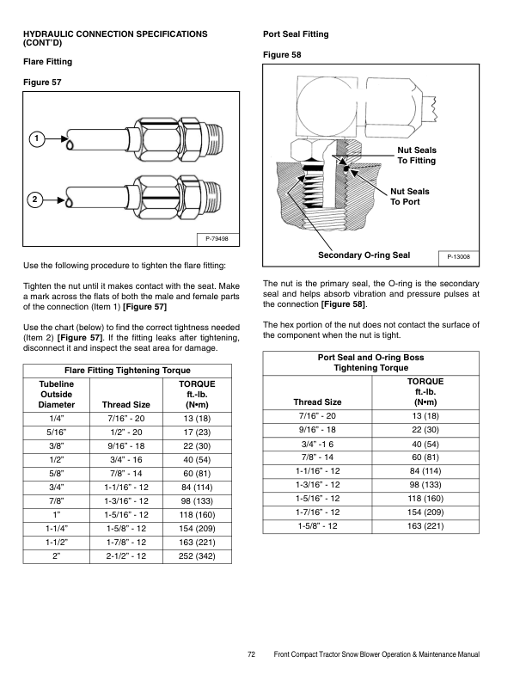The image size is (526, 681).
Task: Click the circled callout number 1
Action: pos(34,138)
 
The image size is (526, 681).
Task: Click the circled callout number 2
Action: pos(34,200)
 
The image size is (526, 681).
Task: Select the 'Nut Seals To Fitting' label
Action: pos(416,156)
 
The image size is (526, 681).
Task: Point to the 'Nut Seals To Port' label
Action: pos(410,196)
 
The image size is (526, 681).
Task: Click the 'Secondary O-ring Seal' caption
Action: pos(364,255)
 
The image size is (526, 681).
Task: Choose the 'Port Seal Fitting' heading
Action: pos(296,34)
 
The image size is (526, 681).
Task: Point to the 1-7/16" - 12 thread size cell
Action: pos(317,511)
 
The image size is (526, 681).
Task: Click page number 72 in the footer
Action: pos(252,655)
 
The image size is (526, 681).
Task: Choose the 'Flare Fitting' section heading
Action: pos(47,62)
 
